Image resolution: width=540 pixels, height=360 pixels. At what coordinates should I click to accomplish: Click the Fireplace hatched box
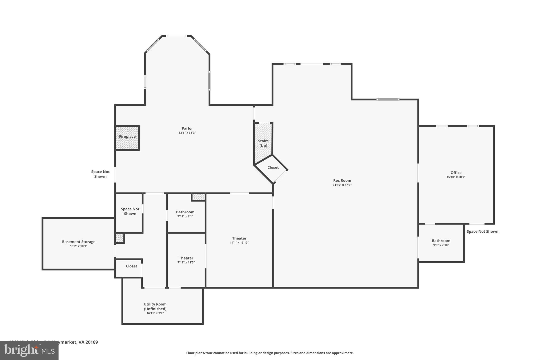tap(127, 138)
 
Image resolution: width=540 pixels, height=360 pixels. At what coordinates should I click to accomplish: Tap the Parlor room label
tap(187, 128)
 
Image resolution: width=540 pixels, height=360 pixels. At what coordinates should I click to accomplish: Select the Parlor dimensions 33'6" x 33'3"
tap(187, 133)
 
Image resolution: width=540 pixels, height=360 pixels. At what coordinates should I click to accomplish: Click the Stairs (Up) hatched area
tap(263, 143)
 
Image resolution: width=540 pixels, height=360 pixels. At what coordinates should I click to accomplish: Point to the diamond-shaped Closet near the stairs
tap(273, 168)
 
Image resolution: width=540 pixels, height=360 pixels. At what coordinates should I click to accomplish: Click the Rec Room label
tap(342, 181)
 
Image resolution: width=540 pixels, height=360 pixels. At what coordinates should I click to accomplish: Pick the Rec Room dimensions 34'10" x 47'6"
tap(342, 185)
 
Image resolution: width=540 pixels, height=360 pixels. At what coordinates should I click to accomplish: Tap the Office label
tap(456, 173)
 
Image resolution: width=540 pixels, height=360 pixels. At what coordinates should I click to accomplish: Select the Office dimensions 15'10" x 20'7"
tap(456, 177)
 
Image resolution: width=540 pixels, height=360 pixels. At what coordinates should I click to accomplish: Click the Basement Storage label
tap(79, 242)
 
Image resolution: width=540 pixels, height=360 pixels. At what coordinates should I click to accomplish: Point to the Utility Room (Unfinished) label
tap(155, 306)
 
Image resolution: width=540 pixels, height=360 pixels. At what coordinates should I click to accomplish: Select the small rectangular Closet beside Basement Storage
tap(131, 266)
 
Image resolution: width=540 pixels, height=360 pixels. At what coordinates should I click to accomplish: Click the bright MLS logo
tap(29, 350)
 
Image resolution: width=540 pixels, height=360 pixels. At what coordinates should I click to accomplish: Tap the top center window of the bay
tap(176, 36)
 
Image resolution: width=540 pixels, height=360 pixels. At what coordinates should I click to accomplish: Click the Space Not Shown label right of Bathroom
tap(482, 232)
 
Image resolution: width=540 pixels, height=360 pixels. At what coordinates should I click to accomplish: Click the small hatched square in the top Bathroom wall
tap(198, 197)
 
